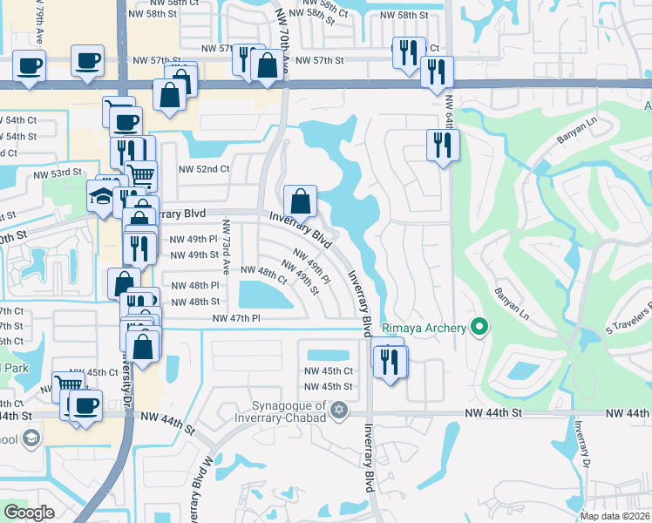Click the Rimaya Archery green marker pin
(x=479, y=328)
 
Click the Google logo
(x=29, y=512)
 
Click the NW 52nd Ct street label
(x=203, y=169)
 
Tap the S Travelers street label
(x=629, y=318)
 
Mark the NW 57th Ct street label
(x=218, y=49)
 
